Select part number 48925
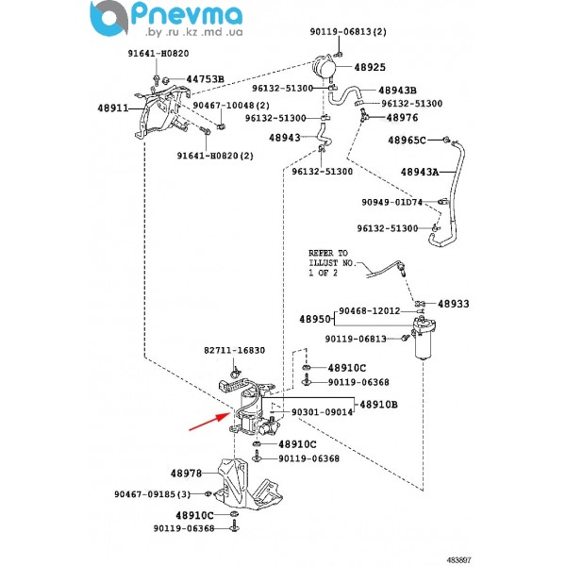coord(370,68)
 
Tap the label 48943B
coord(397,90)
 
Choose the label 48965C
coord(408,140)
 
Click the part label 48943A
coord(420,173)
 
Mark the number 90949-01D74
coord(392,201)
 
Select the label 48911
coord(112,108)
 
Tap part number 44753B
coord(205,78)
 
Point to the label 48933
coord(452,304)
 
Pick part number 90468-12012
coord(370,310)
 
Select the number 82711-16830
coord(234,350)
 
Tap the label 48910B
coord(379,403)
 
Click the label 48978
coord(187,473)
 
